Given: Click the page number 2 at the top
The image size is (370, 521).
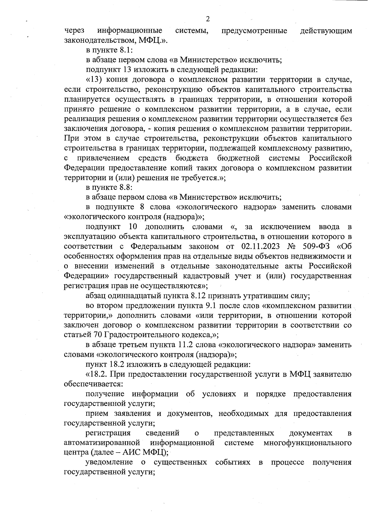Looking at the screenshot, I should click(x=208, y=19).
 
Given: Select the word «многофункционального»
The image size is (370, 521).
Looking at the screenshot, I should click(x=307, y=443).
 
